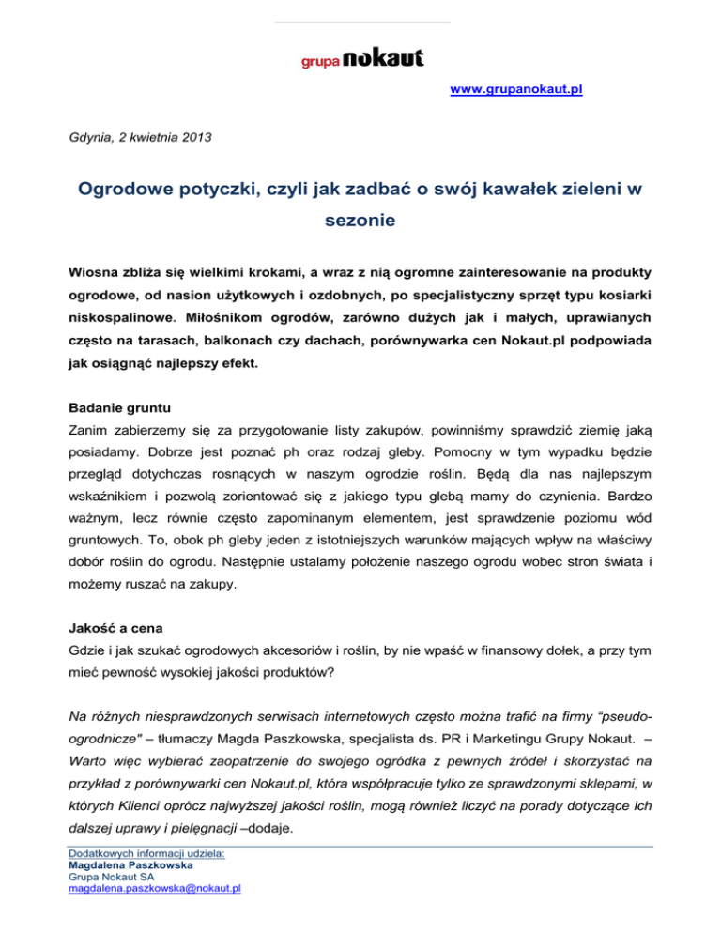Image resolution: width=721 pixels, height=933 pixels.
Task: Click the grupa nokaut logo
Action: point(361,58)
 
